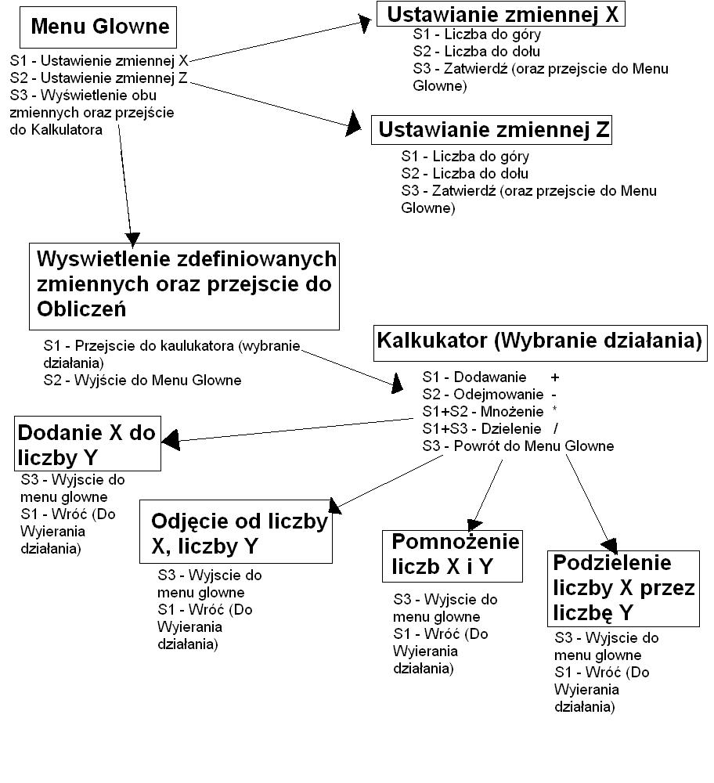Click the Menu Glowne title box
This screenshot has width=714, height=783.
click(99, 27)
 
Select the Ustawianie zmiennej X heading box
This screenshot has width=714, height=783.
click(501, 14)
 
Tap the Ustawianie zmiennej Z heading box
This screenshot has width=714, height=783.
click(492, 130)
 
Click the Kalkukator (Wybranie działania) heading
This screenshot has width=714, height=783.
click(539, 341)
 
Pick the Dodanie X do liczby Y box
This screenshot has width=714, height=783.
click(88, 444)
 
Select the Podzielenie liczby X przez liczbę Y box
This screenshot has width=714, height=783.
click(623, 586)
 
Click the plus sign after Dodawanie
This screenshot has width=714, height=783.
click(555, 377)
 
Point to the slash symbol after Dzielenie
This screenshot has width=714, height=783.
click(555, 428)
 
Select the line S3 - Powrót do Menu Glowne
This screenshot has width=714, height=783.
click(517, 446)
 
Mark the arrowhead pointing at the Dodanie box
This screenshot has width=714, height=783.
click(171, 442)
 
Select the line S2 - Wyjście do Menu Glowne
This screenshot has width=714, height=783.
click(142, 381)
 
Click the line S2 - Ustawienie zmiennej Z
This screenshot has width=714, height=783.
click(99, 78)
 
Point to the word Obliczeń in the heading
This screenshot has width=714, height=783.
click(81, 308)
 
